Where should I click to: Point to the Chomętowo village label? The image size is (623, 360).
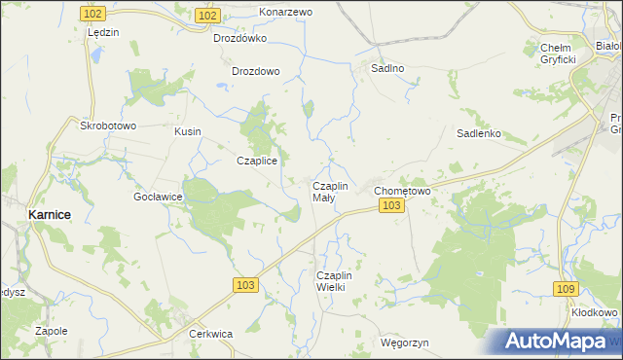coord(403,191)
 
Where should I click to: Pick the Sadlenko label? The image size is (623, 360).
coord(478,134)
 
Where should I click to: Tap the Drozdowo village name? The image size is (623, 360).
coord(256,71)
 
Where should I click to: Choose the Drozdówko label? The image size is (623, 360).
coord(240,39)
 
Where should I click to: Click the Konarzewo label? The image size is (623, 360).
coord(285,12)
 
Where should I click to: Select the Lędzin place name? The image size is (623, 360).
coord(102,32)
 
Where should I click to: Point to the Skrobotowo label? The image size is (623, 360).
coord(107,126)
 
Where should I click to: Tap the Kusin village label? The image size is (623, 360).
coord(187,130)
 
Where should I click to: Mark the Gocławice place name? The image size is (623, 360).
coord(159,197)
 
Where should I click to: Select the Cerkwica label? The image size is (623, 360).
coord(210,334)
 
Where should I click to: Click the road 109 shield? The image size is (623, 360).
coord(566,289)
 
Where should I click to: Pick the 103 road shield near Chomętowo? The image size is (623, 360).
coord(392,206)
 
